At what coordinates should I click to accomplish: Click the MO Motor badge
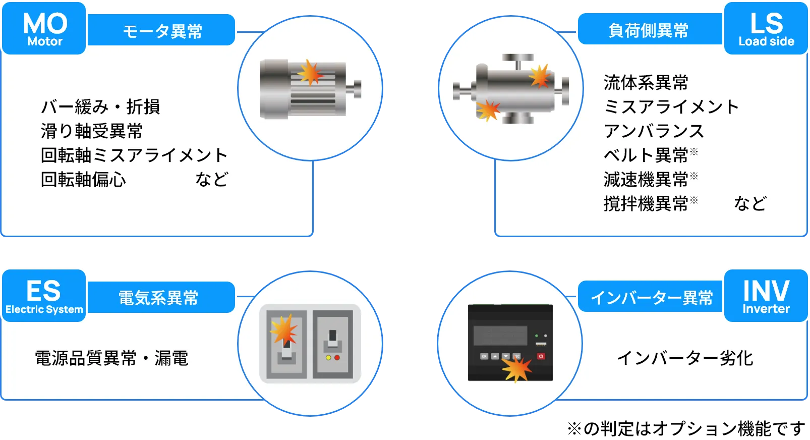click(44, 28)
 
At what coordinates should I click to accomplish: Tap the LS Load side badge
click(766, 28)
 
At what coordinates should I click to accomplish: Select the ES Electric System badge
click(44, 296)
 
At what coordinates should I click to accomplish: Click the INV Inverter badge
click(766, 296)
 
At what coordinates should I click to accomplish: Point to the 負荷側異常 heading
click(649, 30)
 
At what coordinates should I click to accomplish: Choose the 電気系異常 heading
click(158, 298)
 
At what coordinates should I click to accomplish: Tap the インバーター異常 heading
click(651, 298)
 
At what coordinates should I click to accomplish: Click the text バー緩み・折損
click(100, 107)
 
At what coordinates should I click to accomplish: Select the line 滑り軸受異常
click(92, 131)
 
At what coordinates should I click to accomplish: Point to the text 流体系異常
click(646, 82)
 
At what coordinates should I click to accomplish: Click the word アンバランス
click(654, 131)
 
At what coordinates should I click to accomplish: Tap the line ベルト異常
click(646, 155)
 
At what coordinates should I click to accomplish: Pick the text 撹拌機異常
click(646, 204)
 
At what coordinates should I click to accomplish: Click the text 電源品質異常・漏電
click(111, 358)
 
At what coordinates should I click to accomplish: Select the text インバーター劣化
click(685, 358)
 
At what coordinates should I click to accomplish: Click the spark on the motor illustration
click(310, 73)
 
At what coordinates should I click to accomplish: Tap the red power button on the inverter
click(541, 356)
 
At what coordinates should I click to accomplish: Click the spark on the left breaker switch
click(284, 331)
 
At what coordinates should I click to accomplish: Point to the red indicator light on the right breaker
click(337, 358)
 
